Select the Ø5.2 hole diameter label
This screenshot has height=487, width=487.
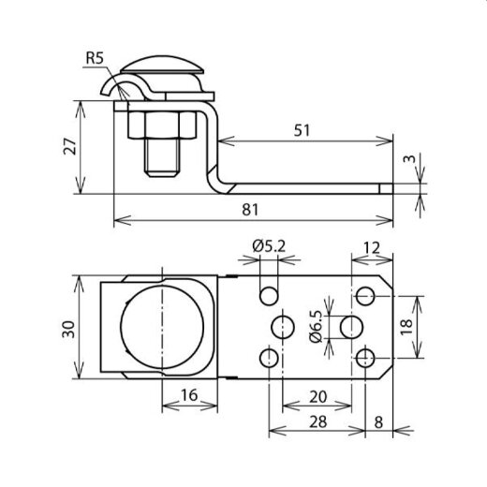[269, 247]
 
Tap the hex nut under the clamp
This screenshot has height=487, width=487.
[162, 126]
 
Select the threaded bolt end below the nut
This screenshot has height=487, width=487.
[162, 159]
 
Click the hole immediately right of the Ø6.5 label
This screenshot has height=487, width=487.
[352, 327]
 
